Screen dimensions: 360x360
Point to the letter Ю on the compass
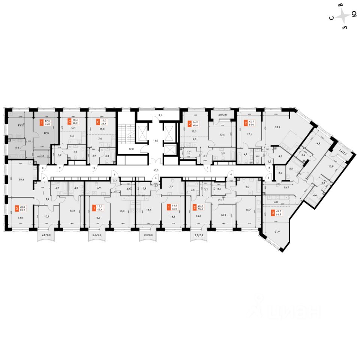tap(353, 14)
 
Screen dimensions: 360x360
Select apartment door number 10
tap(93, 168)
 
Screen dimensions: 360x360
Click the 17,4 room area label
tap(249, 134)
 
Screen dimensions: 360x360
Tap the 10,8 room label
tap(47, 216)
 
